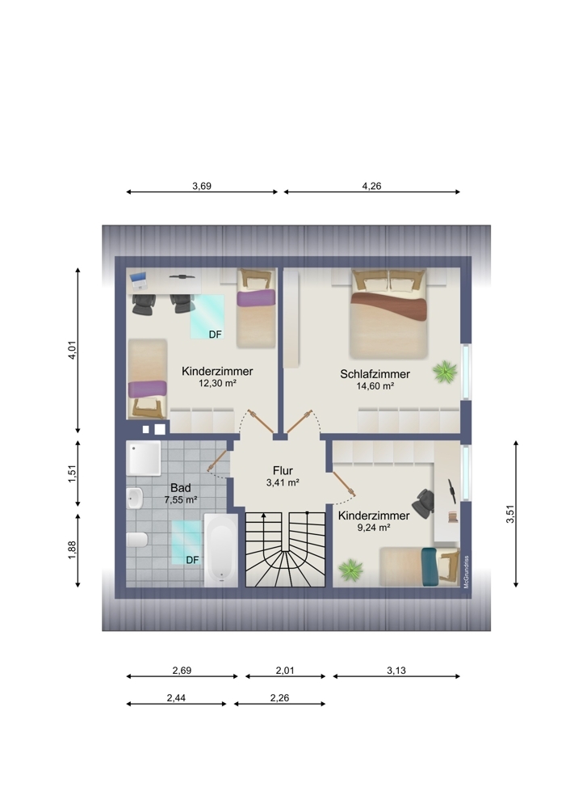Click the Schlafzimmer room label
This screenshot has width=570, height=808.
tap(375, 374)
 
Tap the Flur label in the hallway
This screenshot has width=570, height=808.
tap(283, 470)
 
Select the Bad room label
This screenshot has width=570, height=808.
tap(181, 487)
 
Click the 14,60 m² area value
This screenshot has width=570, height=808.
tap(375, 386)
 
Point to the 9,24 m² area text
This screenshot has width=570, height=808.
tap(373, 527)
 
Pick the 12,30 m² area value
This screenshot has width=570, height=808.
tap(217, 383)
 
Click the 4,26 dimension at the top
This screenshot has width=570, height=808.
tap(371, 186)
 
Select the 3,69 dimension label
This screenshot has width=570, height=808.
tap(202, 186)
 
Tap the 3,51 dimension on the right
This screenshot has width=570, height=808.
tap(510, 514)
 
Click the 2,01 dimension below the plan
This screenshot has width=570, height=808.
tap(285, 671)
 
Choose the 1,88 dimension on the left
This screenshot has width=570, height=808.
tap(72, 549)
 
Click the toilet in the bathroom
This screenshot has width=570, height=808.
tap(137, 540)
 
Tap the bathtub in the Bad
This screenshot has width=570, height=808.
tap(221, 549)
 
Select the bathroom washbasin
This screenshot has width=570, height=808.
tap(134, 499)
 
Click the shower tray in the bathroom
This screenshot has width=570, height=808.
tap(145, 457)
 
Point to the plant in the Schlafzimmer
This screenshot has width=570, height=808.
tap(445, 372)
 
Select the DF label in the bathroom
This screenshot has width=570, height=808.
tap(192, 560)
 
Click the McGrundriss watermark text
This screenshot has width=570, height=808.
tap(466, 571)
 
